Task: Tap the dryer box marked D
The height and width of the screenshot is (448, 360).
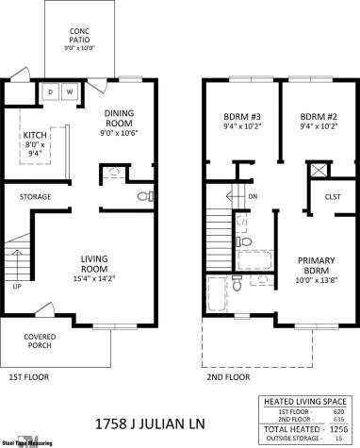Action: [x=50, y=91]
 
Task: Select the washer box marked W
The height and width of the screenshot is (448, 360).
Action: [x=70, y=91]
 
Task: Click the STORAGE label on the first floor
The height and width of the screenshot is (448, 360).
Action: [x=35, y=196]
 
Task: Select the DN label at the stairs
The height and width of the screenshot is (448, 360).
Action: [x=252, y=196]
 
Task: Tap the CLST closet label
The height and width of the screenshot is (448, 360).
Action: [x=331, y=198]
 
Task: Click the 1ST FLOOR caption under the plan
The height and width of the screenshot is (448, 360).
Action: [x=29, y=377]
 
